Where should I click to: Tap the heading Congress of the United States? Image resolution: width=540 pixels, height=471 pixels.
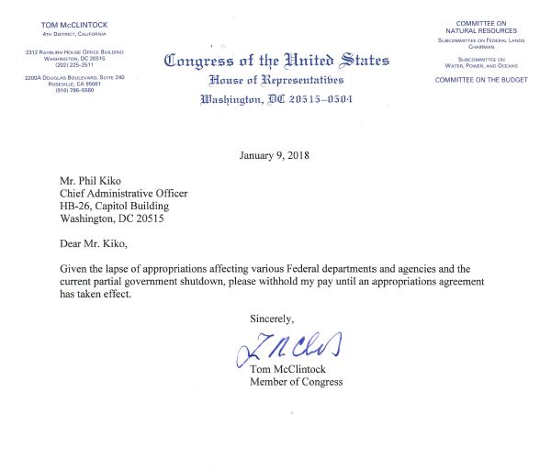point(276,62)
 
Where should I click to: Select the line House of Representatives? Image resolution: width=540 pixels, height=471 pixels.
point(276,80)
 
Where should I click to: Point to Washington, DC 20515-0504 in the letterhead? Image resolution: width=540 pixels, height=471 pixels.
point(276,99)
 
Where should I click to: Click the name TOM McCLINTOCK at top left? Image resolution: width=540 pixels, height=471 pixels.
point(74,24)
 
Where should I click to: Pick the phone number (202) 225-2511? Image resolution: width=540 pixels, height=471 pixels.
point(74,65)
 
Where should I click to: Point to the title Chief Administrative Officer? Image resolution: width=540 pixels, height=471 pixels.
point(123,193)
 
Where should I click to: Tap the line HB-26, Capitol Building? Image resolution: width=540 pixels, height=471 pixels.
point(113,206)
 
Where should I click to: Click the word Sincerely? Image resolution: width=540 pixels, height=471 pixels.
point(273,318)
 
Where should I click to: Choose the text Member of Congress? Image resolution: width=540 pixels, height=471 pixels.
point(297,383)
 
